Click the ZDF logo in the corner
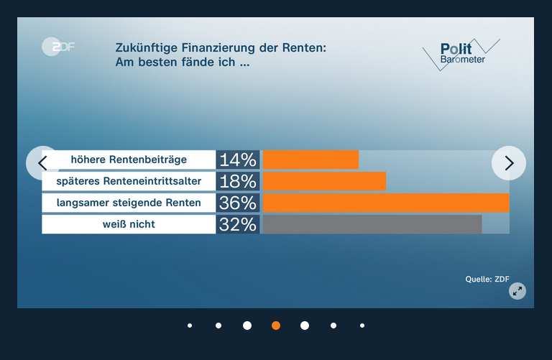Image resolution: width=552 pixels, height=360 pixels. (58, 47)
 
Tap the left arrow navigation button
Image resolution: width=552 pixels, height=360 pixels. (42, 163)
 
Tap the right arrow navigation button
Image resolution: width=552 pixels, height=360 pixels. (509, 163)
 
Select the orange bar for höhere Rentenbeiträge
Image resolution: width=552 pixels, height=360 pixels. (310, 160)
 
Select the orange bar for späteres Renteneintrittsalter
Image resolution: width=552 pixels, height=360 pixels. (325, 181)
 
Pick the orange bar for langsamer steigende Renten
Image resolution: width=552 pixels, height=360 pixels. (386, 203)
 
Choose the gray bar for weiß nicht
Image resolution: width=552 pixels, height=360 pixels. (372, 224)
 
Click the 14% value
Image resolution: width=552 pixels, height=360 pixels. (238, 160)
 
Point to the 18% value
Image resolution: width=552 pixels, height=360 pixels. (238, 181)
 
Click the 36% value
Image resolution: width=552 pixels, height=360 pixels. (238, 203)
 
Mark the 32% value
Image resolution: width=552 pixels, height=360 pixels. (238, 224)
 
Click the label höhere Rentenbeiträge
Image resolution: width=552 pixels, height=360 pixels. (129, 160)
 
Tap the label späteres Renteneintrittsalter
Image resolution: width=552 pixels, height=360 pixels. (129, 181)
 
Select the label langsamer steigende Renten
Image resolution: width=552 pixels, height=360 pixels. (129, 203)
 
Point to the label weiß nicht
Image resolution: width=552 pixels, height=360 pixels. (129, 224)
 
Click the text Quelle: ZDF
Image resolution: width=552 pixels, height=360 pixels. (487, 279)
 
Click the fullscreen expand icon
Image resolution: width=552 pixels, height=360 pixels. (517, 290)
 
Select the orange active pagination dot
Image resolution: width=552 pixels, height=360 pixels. (276, 326)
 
